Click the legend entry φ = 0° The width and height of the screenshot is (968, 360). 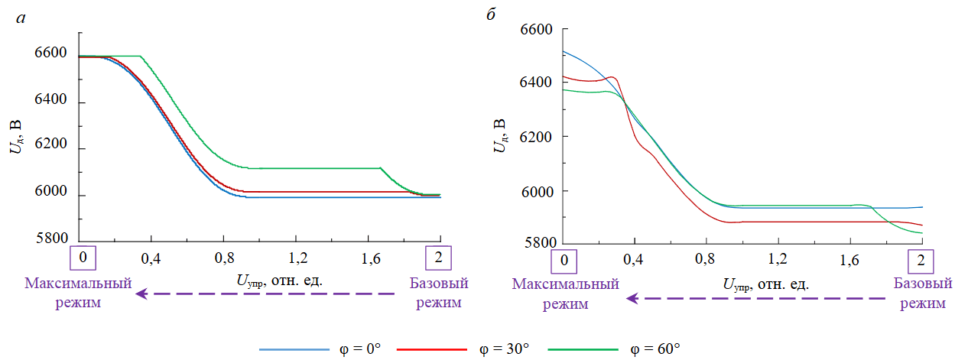pos(321,349)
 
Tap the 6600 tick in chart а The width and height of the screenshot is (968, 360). pos(50,54)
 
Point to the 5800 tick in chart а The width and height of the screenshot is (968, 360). pos(50,239)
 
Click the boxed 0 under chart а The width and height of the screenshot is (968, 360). pos(83,257)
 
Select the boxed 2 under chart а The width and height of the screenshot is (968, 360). pos(439,257)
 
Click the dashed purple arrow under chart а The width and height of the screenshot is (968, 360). pos(265,293)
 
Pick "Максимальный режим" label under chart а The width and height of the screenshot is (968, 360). pos(77,293)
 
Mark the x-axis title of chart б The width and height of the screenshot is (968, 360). pos(765,284)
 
